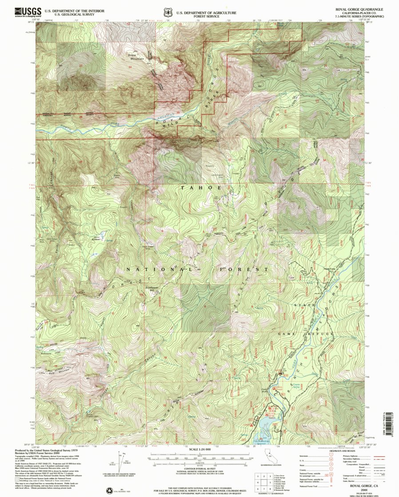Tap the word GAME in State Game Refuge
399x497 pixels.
tap(287, 333)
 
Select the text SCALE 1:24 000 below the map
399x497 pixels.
tap(199, 449)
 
